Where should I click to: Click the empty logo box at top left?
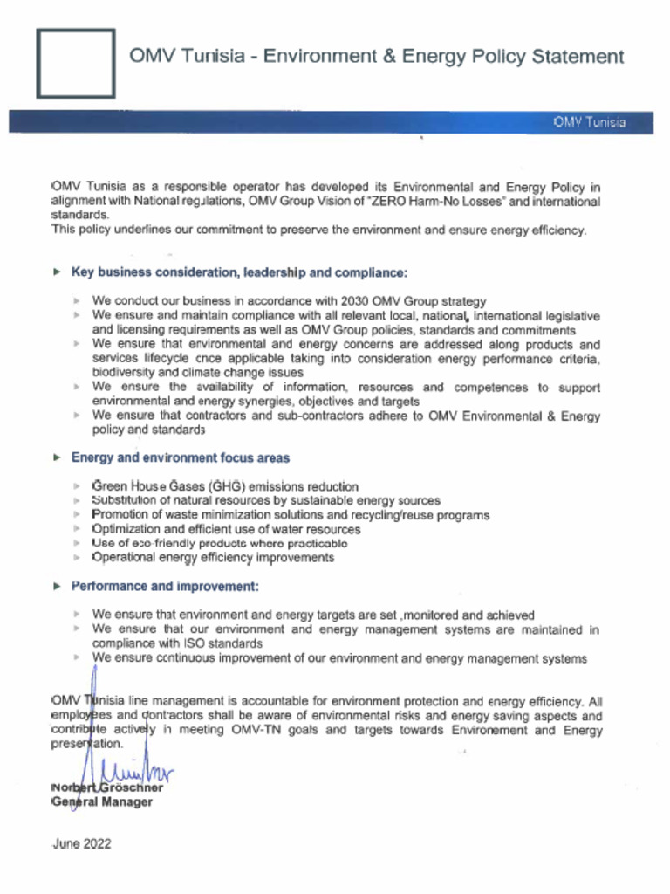[75, 63]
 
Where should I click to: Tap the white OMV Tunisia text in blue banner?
[589, 122]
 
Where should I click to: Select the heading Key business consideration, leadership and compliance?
[239, 272]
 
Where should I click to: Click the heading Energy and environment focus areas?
[181, 457]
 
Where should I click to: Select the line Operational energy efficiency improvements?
[213, 557]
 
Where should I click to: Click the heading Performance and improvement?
[165, 586]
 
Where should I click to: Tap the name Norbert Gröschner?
[107, 787]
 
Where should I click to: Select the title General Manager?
[102, 801]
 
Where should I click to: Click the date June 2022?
[82, 844]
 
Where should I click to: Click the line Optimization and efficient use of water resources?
[226, 529]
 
